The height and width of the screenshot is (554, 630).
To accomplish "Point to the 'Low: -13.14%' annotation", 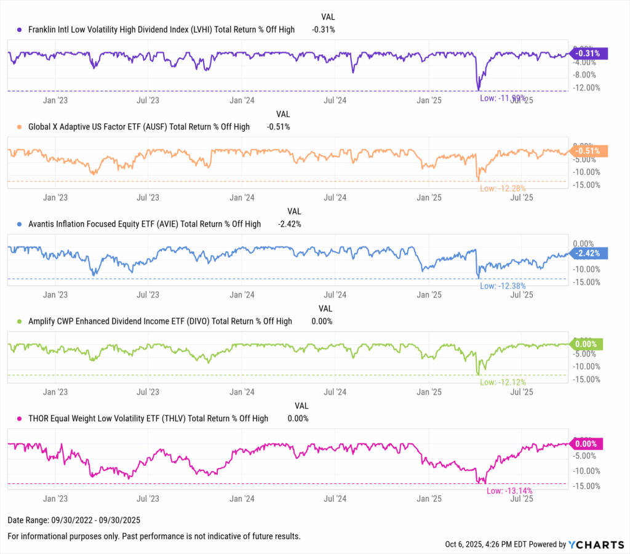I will coord(509,491).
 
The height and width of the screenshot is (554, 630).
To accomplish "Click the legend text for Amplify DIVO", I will coord(161,321).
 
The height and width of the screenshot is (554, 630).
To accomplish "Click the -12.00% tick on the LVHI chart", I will coord(587,87).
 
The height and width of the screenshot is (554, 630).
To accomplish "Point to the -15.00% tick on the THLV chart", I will coord(587,486).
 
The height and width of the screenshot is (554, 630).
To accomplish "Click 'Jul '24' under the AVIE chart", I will coord(335,295).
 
